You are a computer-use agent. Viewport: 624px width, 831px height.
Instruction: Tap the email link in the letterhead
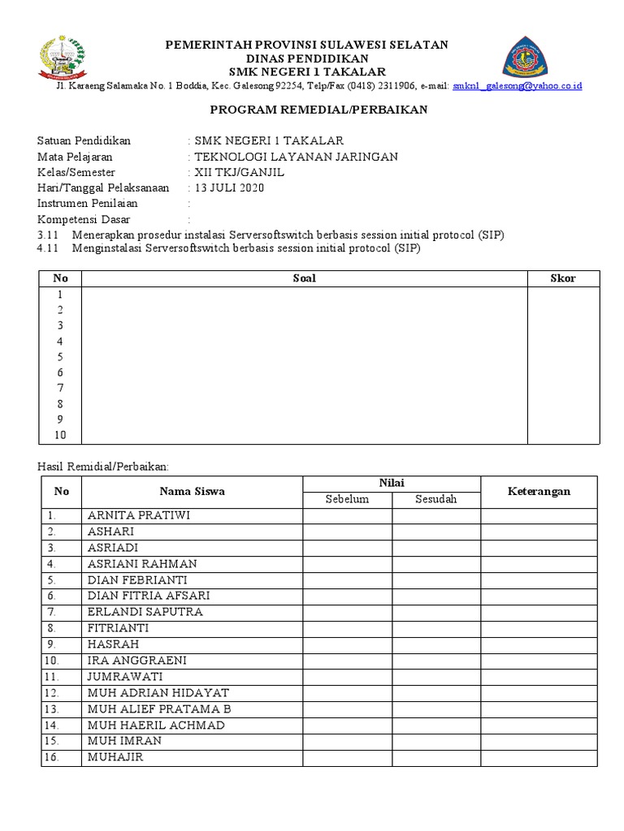coord(517,85)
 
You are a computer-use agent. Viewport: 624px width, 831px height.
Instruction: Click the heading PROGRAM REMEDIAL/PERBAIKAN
coord(318,110)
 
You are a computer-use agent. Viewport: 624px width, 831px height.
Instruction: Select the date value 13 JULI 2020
coord(229,187)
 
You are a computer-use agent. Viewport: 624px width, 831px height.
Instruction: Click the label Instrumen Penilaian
coord(88,204)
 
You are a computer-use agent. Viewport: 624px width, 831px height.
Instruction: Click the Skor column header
coord(563,278)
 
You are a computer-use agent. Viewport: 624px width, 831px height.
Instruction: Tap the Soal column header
coord(304,278)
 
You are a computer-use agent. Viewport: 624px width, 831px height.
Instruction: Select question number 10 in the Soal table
coord(60,435)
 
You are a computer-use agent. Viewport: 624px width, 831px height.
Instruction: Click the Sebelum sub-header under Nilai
coord(347,499)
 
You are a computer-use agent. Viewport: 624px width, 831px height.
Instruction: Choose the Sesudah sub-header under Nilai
coord(436,499)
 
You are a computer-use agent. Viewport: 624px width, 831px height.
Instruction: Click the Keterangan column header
coord(539,491)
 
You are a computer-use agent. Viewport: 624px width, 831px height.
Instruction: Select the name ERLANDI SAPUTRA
coord(145,612)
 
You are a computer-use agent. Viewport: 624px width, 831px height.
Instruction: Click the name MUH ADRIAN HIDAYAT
coord(158,693)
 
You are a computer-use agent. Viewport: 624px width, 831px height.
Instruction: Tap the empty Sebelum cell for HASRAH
coord(347,644)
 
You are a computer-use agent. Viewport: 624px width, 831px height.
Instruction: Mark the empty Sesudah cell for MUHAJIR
coord(436,758)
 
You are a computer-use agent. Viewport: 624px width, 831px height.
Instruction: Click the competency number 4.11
coord(49,249)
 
